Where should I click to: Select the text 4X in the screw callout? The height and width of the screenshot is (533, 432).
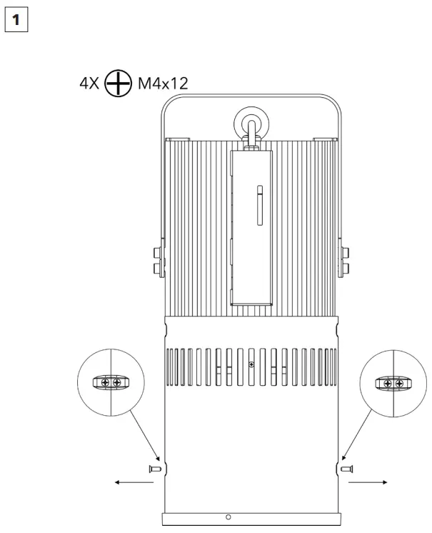(91, 84)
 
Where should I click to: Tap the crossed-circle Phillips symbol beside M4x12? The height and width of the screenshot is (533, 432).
(119, 84)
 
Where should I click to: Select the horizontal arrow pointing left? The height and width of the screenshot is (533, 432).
(134, 482)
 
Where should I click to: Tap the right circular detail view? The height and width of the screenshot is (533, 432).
(393, 384)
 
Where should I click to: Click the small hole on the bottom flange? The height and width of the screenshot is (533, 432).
(228, 516)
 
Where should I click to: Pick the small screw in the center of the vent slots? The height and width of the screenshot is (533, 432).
(251, 364)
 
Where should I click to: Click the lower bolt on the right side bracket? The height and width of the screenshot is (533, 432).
(345, 269)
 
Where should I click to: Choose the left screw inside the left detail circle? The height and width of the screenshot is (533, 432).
(105, 383)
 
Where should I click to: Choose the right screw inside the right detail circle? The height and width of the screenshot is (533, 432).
(398, 384)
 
